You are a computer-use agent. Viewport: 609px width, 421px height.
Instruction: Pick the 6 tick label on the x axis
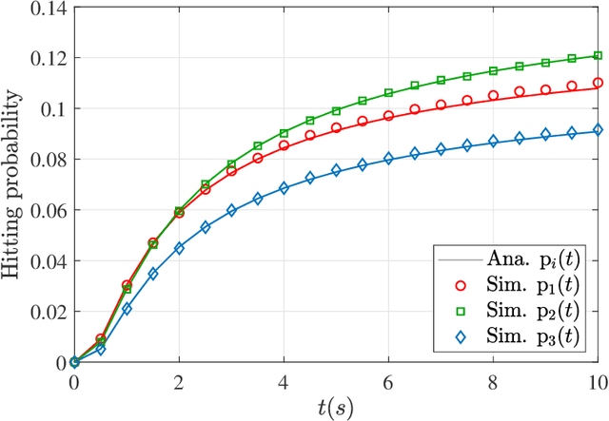(x=388, y=380)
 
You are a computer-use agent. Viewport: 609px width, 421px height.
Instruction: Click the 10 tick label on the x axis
(x=597, y=380)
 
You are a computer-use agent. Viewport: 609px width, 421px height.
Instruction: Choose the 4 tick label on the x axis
(x=284, y=380)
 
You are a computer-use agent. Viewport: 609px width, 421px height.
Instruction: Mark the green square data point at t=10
(x=598, y=56)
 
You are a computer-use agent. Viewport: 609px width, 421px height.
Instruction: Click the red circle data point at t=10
(x=598, y=83)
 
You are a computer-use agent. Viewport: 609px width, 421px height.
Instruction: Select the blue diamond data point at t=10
(x=598, y=130)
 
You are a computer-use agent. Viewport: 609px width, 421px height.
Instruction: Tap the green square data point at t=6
(x=388, y=93)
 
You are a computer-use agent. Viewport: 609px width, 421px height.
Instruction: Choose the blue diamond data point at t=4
(x=284, y=188)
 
